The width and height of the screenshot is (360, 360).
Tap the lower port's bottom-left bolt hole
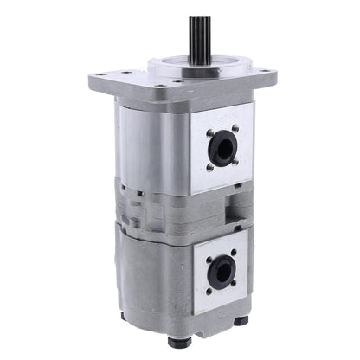click(209, 292)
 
